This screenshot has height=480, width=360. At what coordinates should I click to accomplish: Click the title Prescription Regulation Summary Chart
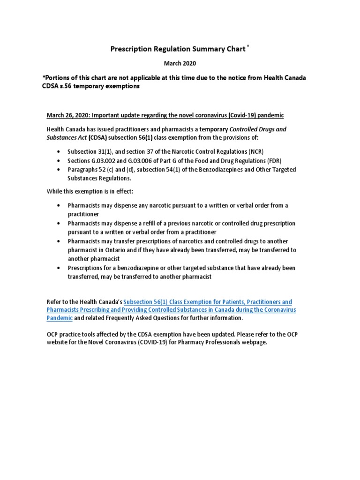[177, 49]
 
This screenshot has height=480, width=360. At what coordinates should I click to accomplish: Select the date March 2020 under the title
[180, 63]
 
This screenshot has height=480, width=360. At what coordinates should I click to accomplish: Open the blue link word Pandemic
[60, 318]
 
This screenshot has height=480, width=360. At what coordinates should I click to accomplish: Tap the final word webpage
[253, 342]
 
